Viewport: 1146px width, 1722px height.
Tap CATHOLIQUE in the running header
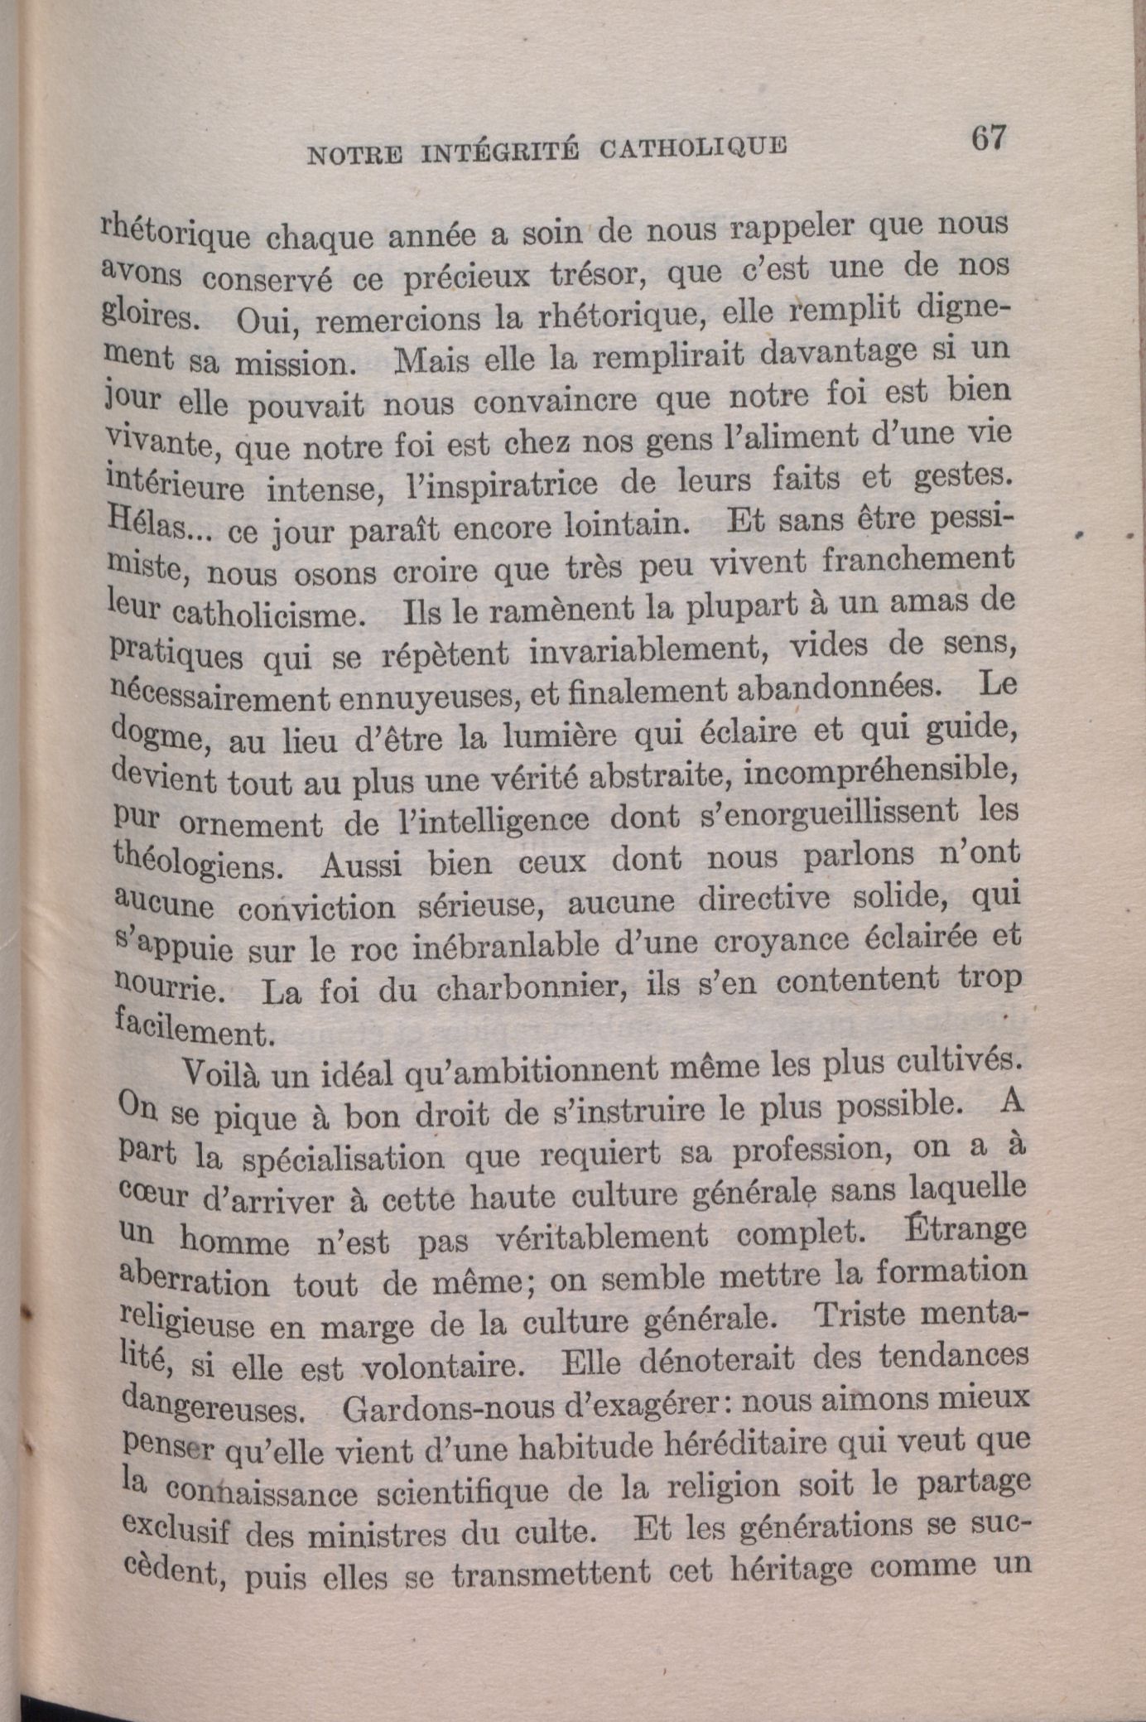coord(693,147)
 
